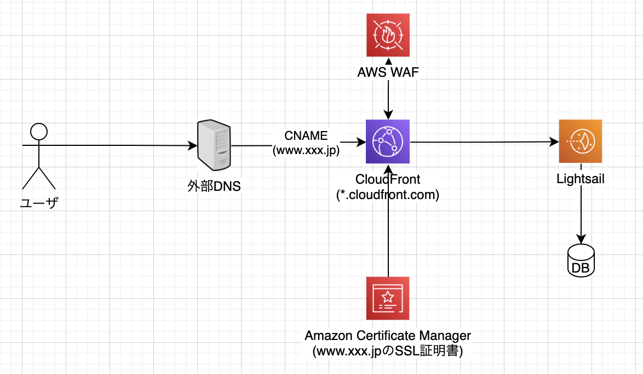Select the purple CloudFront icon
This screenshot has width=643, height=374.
click(x=388, y=142)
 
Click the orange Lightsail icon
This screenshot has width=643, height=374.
click(x=580, y=141)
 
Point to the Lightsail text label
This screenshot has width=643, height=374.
click(x=581, y=179)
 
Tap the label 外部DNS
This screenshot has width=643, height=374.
click(x=214, y=186)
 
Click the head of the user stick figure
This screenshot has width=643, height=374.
click(x=39, y=132)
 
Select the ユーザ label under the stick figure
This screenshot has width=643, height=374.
click(x=39, y=203)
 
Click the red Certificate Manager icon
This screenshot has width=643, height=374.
click(x=388, y=298)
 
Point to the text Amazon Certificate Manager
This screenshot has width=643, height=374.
click(x=388, y=335)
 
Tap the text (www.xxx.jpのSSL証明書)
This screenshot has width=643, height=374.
click(x=388, y=352)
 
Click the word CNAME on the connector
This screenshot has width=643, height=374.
click(x=306, y=135)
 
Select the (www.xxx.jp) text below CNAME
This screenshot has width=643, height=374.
click(x=306, y=150)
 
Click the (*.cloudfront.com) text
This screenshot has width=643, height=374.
click(x=388, y=194)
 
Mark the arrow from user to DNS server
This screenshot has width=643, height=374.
click(x=120, y=145)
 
